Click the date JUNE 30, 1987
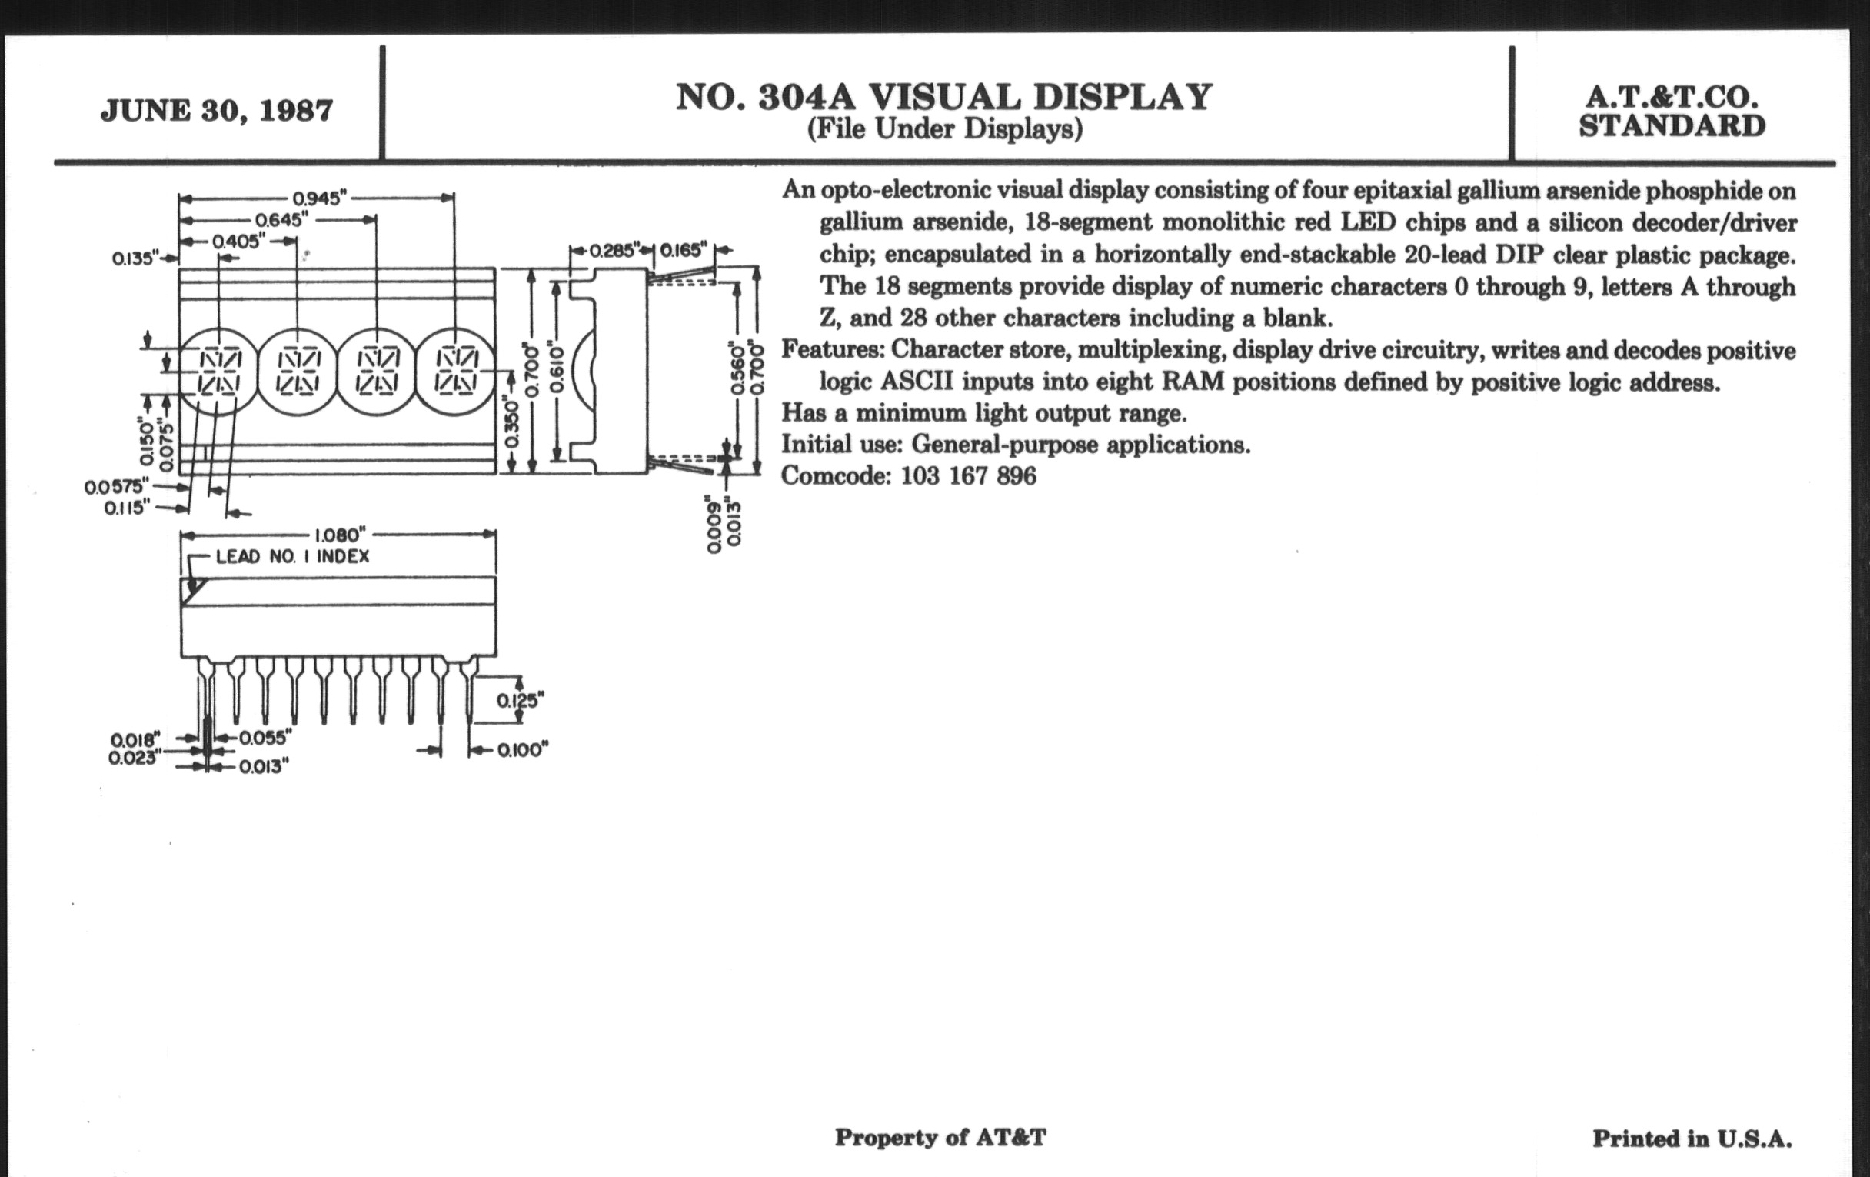coord(217,110)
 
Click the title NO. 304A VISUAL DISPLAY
coord(943,97)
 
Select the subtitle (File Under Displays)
coord(944,129)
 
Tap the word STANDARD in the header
coord(1672,126)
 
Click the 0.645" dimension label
coord(282,220)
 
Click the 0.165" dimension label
coord(685,250)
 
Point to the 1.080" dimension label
coord(339,535)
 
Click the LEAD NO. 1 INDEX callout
coord(293,556)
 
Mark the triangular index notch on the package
coord(191,590)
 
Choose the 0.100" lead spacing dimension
coord(523,750)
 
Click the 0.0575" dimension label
coord(115,487)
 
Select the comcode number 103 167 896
coord(967,475)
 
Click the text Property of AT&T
coord(940,1137)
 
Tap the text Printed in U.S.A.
coord(1692,1139)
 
